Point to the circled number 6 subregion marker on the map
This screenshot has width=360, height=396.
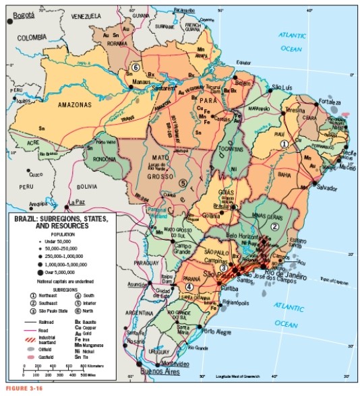tap(136, 68)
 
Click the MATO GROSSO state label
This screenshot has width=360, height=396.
tap(165, 166)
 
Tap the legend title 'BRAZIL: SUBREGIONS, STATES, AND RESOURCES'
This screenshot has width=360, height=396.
tap(54, 223)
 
